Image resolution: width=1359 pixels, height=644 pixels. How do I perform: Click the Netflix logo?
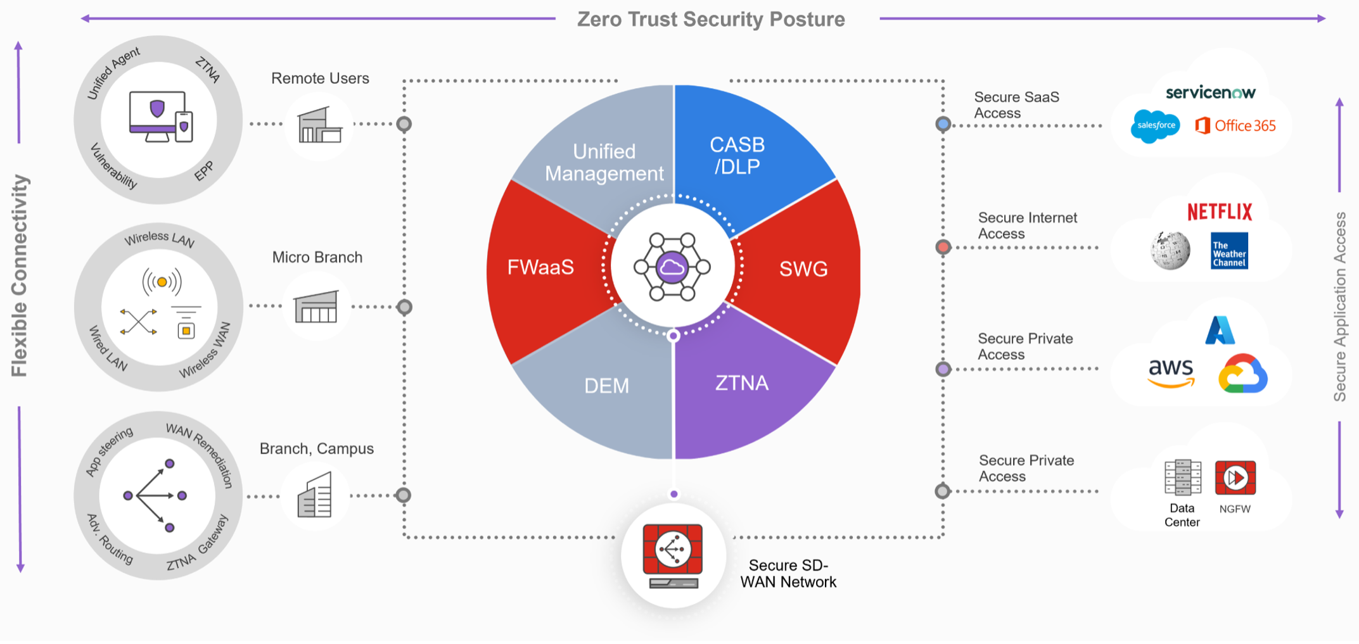click(1220, 212)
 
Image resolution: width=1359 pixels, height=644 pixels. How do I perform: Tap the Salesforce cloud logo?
click(1156, 125)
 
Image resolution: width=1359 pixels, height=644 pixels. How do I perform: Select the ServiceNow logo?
click(1210, 92)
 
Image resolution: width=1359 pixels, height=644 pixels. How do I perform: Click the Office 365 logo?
click(1235, 125)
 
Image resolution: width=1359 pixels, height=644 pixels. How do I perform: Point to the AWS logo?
click(1171, 372)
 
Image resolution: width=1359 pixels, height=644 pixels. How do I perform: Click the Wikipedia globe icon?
click(1170, 250)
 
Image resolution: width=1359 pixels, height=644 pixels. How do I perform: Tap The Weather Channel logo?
click(1229, 251)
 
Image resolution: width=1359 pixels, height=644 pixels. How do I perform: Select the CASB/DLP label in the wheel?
click(737, 155)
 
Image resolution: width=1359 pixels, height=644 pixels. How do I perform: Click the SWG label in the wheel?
click(803, 269)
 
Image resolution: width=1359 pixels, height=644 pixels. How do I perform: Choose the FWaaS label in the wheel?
click(540, 267)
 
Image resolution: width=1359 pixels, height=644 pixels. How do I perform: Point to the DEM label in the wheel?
click(606, 386)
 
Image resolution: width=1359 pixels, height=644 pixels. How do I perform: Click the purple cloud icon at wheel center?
click(672, 267)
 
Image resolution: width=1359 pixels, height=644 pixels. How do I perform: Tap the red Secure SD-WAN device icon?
click(673, 555)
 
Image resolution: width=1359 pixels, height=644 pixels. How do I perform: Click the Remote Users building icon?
click(319, 125)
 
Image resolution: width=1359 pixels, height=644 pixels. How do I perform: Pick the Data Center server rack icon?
click(1182, 477)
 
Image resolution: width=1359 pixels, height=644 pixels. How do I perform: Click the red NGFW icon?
click(1235, 478)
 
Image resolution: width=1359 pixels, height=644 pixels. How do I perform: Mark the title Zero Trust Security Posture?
click(711, 19)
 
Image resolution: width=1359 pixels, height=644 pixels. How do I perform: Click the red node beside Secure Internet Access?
click(943, 247)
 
